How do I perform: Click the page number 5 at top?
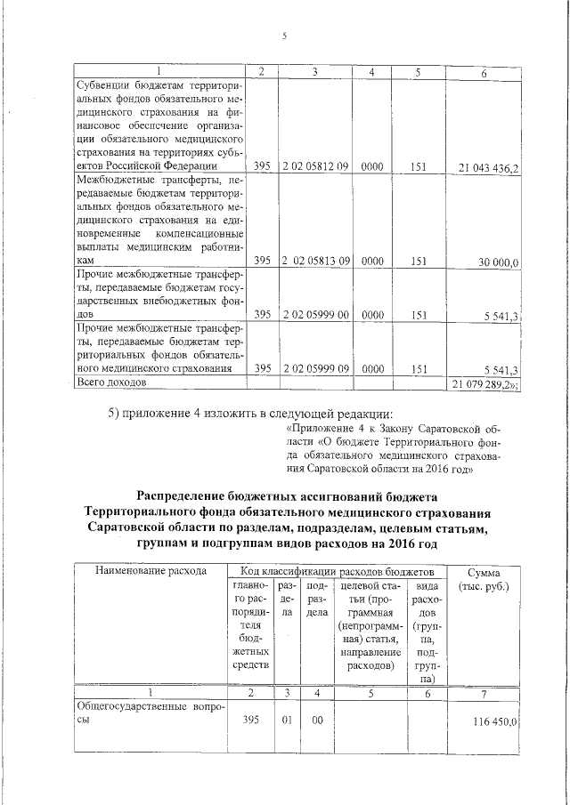284,36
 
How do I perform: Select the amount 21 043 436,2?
489,166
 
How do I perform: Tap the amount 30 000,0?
499,262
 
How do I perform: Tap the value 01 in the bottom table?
287,721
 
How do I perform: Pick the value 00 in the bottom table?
316,721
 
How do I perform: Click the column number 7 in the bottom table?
482,692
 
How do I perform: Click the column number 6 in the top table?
482,71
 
